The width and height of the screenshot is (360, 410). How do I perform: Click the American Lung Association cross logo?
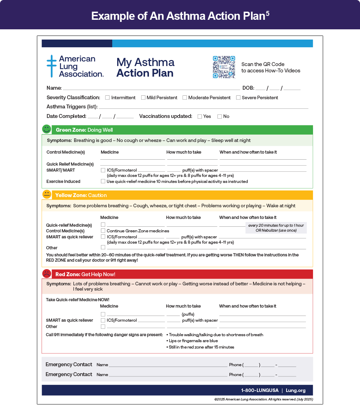tap(52, 66)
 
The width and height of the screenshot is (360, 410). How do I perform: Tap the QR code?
tap(224, 67)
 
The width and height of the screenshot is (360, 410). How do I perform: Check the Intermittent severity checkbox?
tap(107, 97)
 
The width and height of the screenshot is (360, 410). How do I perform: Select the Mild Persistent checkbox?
tap(143, 97)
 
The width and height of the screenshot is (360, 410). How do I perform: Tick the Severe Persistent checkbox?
tap(238, 97)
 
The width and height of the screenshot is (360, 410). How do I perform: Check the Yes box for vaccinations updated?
tap(200, 116)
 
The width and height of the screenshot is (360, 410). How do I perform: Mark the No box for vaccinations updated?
tap(220, 116)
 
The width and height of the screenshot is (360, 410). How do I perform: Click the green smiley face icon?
tap(47, 129)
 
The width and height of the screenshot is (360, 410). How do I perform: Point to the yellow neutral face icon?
tap(47, 195)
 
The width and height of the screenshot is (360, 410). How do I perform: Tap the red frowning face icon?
tap(47, 274)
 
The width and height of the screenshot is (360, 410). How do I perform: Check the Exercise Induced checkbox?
tap(103, 181)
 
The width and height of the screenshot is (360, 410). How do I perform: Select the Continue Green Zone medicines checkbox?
tap(103, 231)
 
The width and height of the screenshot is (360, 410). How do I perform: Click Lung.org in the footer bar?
tap(296, 390)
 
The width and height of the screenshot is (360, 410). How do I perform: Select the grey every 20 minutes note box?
tap(276, 228)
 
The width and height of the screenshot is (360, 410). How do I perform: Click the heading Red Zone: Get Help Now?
tap(85, 274)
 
